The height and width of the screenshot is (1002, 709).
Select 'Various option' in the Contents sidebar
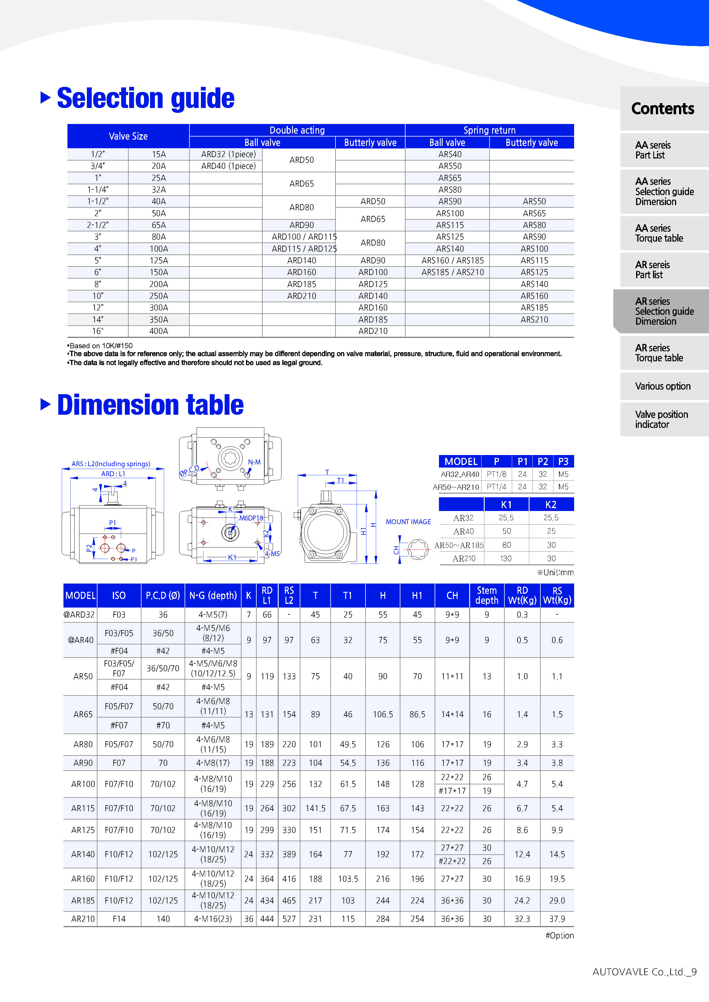[662, 386]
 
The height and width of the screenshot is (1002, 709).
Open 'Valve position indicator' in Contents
[661, 419]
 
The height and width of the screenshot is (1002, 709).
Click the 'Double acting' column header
[297, 130]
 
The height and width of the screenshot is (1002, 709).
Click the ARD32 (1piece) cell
[228, 154]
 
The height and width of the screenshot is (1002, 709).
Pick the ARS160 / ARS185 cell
[452, 260]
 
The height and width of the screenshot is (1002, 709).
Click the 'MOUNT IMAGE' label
[408, 522]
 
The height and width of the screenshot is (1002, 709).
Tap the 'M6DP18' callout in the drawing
[251, 518]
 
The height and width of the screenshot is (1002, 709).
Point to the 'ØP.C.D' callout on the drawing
[189, 470]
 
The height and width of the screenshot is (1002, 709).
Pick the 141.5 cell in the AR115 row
[315, 808]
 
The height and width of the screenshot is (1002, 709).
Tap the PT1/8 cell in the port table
[496, 474]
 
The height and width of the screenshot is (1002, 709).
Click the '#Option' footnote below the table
[559, 935]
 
